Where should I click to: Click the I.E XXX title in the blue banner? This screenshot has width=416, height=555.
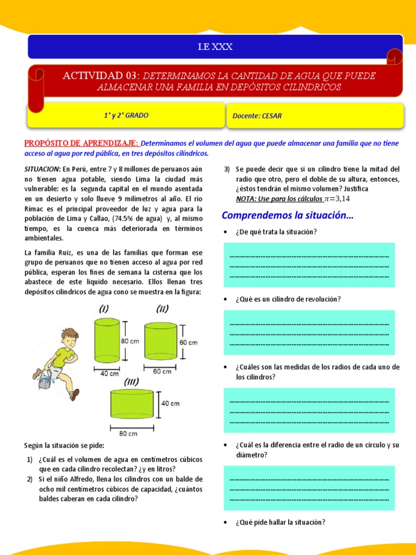215,47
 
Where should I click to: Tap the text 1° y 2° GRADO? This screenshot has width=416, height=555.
126,115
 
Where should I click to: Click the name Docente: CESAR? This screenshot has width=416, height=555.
257,116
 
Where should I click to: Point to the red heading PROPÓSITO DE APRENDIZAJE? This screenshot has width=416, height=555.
81,143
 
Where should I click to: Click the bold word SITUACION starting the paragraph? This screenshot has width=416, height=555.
42,169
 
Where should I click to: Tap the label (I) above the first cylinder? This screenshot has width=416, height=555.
103,309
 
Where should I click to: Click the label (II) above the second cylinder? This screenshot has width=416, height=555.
162,309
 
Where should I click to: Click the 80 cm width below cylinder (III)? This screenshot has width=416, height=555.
128,434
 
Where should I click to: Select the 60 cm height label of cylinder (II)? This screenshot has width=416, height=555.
189,343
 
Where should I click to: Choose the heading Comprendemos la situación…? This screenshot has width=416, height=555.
287,216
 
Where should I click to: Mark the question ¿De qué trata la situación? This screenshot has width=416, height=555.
276,232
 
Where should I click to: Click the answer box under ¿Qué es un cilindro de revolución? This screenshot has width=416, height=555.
309,332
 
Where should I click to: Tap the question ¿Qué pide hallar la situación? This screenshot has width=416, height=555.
280,522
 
